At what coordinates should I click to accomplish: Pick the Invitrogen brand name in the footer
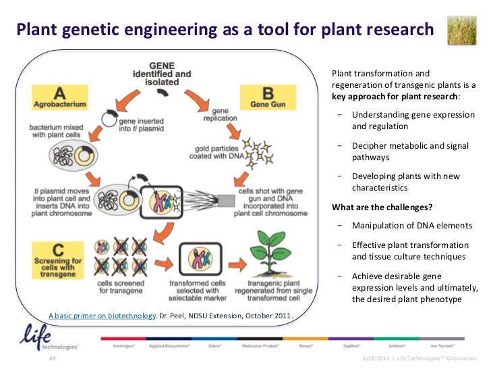[126, 345]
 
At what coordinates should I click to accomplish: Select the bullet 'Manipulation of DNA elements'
[412, 226]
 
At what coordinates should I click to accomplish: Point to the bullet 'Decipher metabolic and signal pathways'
[410, 151]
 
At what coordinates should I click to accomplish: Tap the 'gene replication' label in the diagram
[220, 114]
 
